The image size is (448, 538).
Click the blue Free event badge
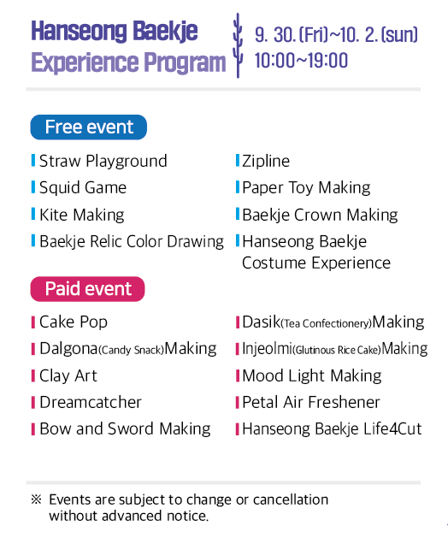coord(89,127)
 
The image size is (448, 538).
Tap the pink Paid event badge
coord(88,289)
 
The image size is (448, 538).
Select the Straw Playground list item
coord(103,161)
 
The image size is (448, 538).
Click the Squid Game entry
coord(82,187)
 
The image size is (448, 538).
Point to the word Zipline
coord(265,161)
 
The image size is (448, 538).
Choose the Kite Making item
coord(81,215)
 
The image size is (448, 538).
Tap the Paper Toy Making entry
coord(306,187)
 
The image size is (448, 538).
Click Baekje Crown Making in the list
coord(320,215)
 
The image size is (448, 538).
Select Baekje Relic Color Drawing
coord(131,241)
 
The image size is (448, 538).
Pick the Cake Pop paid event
coord(74,322)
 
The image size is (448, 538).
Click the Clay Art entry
coord(68,375)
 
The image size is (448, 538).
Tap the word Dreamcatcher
coord(91,402)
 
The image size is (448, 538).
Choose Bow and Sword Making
coord(125,429)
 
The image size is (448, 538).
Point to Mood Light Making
coord(311,375)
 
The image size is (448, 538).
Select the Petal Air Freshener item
coord(310,402)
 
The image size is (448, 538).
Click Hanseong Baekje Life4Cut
coord(332,429)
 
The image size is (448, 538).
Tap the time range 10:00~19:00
coord(301,61)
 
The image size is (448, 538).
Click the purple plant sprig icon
coord(238,47)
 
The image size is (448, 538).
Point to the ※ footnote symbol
coord(36,500)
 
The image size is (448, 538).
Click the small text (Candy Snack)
coord(131,350)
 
